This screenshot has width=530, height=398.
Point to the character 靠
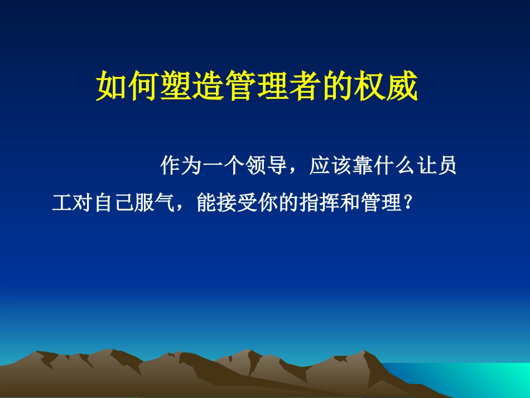tap(362, 166)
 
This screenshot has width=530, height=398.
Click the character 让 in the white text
tap(426, 166)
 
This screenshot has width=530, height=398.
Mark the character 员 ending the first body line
tap(447, 166)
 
